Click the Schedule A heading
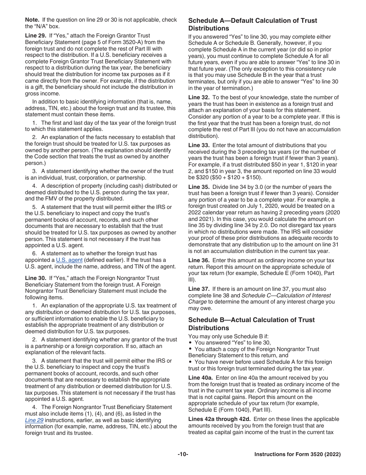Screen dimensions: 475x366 [x=252, y=24]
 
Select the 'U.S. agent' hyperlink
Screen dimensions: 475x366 [x=69, y=260]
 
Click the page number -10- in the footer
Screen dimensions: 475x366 [x=183, y=455]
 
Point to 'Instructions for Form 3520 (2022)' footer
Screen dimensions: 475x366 [x=297, y=455]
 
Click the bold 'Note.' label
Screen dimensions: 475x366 [x=32, y=20]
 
